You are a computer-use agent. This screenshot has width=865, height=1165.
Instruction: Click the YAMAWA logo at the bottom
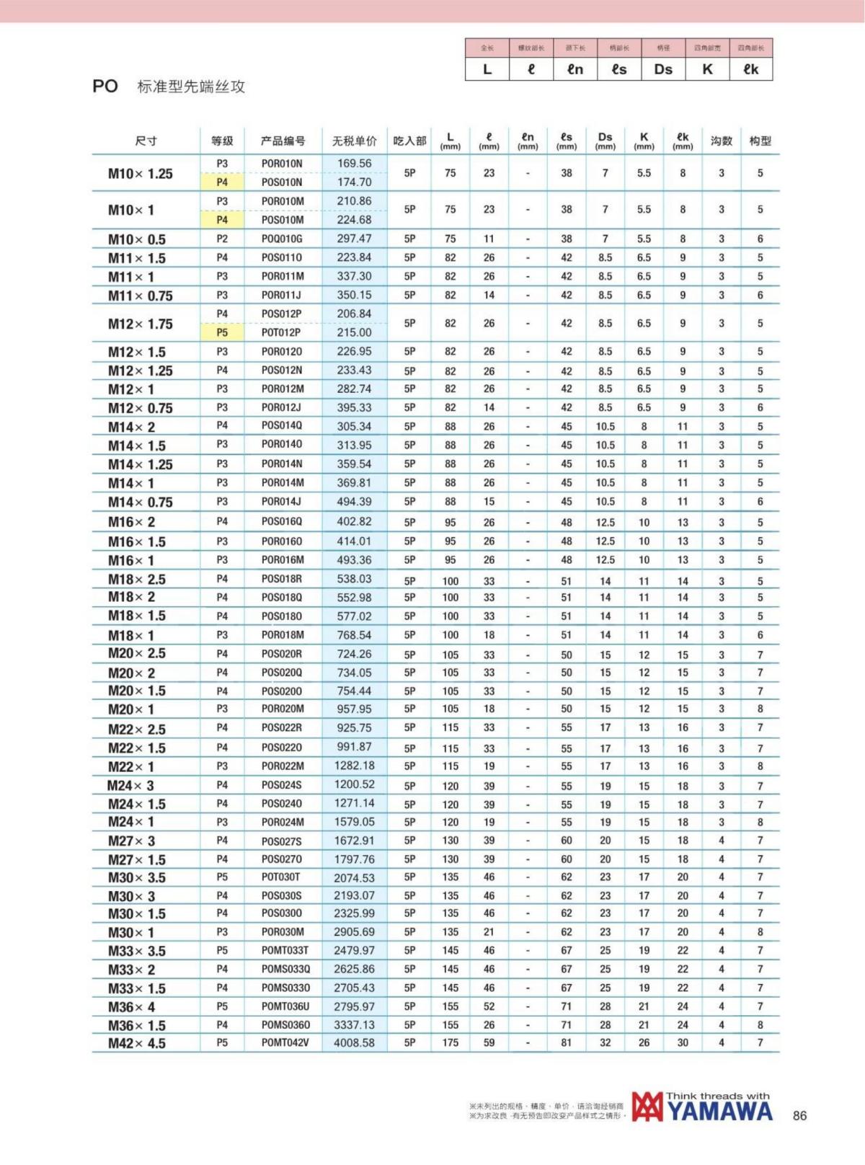[x=701, y=1108]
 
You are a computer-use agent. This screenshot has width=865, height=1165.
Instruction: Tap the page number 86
[x=799, y=1115]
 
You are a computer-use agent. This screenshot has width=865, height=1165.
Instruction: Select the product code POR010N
[x=282, y=164]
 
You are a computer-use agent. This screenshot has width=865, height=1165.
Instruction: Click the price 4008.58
[x=354, y=1042]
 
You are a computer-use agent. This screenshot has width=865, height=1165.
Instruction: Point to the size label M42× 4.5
[x=137, y=1043]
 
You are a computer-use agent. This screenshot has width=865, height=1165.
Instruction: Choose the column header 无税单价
[x=354, y=141]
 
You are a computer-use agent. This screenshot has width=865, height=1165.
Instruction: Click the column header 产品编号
[x=283, y=141]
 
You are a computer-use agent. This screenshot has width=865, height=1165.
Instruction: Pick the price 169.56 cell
[x=354, y=164]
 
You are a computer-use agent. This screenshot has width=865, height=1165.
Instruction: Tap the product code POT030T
[x=281, y=877]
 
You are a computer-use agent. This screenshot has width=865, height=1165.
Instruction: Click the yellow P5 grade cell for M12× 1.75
[x=222, y=332]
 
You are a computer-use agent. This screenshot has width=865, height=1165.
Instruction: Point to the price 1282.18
[x=354, y=766]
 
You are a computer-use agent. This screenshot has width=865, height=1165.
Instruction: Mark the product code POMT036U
[x=285, y=1006]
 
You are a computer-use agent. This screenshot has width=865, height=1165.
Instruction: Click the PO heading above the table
[x=105, y=87]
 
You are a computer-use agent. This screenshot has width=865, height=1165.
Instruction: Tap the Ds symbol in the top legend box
[x=663, y=69]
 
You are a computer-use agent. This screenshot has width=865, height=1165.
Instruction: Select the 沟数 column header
[x=721, y=141]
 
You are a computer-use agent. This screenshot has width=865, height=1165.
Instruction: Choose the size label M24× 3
[x=131, y=786]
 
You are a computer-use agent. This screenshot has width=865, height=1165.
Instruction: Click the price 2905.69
[x=354, y=931]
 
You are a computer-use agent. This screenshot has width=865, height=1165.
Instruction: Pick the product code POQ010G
[x=282, y=239]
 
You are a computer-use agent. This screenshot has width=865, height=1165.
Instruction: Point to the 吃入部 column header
[x=409, y=141]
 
